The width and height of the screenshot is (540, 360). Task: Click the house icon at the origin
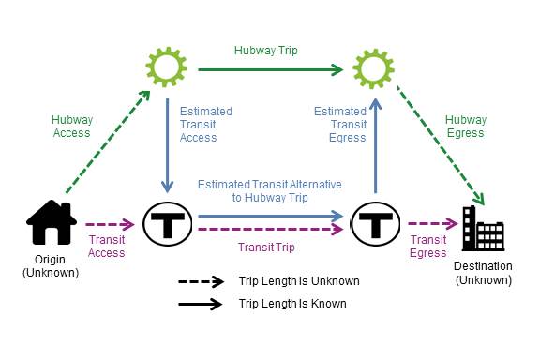(x=51, y=223)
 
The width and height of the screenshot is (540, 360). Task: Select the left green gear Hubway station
(x=166, y=67)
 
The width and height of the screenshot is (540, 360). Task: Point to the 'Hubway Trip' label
(x=267, y=51)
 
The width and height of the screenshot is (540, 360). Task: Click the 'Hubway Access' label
(x=71, y=126)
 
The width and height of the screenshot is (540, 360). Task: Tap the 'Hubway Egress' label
(x=465, y=126)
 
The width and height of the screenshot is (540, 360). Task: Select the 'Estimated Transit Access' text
(x=204, y=126)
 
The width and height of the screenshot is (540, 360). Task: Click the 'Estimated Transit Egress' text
(x=340, y=126)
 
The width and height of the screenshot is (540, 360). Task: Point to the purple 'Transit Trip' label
(x=266, y=247)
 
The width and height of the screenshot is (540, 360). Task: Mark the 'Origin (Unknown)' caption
(x=51, y=266)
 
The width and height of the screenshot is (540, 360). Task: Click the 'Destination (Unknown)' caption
(x=484, y=272)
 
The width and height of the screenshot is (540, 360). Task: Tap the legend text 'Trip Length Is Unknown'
(x=299, y=281)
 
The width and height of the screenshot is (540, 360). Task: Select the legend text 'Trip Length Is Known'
(x=292, y=304)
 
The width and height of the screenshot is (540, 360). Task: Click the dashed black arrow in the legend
(x=200, y=281)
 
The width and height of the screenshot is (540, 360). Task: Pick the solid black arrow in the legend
(x=200, y=304)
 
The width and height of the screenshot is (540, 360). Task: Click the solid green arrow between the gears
(x=267, y=67)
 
